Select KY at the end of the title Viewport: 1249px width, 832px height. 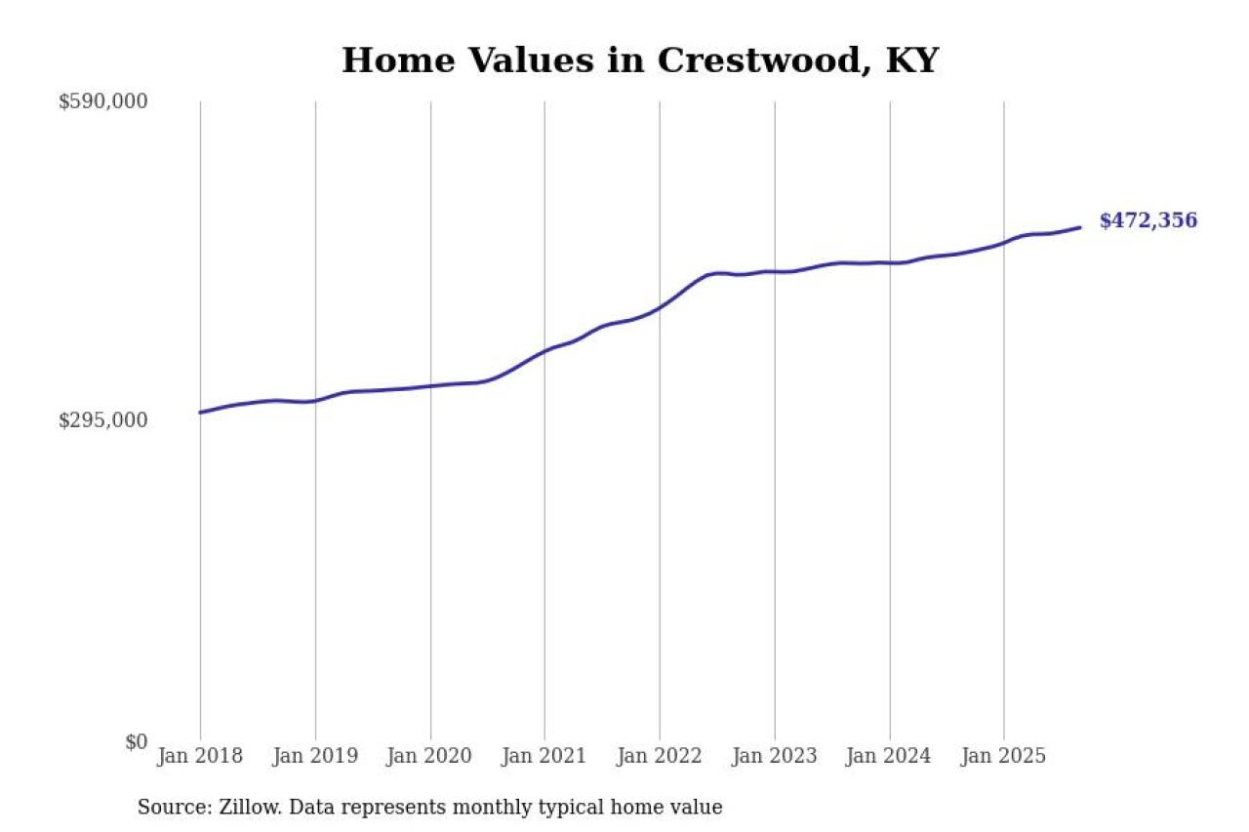pyautogui.click(x=911, y=60)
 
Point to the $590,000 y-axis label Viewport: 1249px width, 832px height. pyautogui.click(x=102, y=101)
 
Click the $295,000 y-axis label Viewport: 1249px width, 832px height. pyautogui.click(x=102, y=420)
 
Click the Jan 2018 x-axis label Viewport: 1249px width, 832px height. pyautogui.click(x=200, y=756)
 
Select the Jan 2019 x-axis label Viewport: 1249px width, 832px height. pyautogui.click(x=315, y=756)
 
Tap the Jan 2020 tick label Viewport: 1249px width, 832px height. pyautogui.click(x=430, y=756)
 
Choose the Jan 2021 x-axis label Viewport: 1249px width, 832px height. pyautogui.click(x=544, y=756)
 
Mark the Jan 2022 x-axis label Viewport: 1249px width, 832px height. pyautogui.click(x=660, y=756)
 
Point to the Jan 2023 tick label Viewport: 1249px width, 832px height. pyautogui.click(x=775, y=756)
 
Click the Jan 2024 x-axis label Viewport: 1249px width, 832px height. pyautogui.click(x=889, y=756)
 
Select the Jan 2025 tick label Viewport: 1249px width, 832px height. pyautogui.click(x=1004, y=756)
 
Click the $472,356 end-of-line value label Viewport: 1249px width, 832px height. pyautogui.click(x=1148, y=221)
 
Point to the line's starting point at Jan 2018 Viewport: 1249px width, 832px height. pyautogui.click(x=201, y=413)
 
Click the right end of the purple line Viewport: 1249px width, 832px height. pyautogui.click(x=1079, y=227)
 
